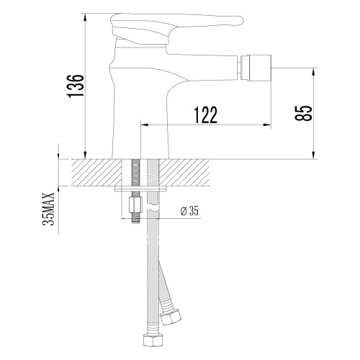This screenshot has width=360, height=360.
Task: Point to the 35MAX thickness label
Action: click(x=48, y=210)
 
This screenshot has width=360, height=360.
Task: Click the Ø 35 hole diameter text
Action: click(x=189, y=210)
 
